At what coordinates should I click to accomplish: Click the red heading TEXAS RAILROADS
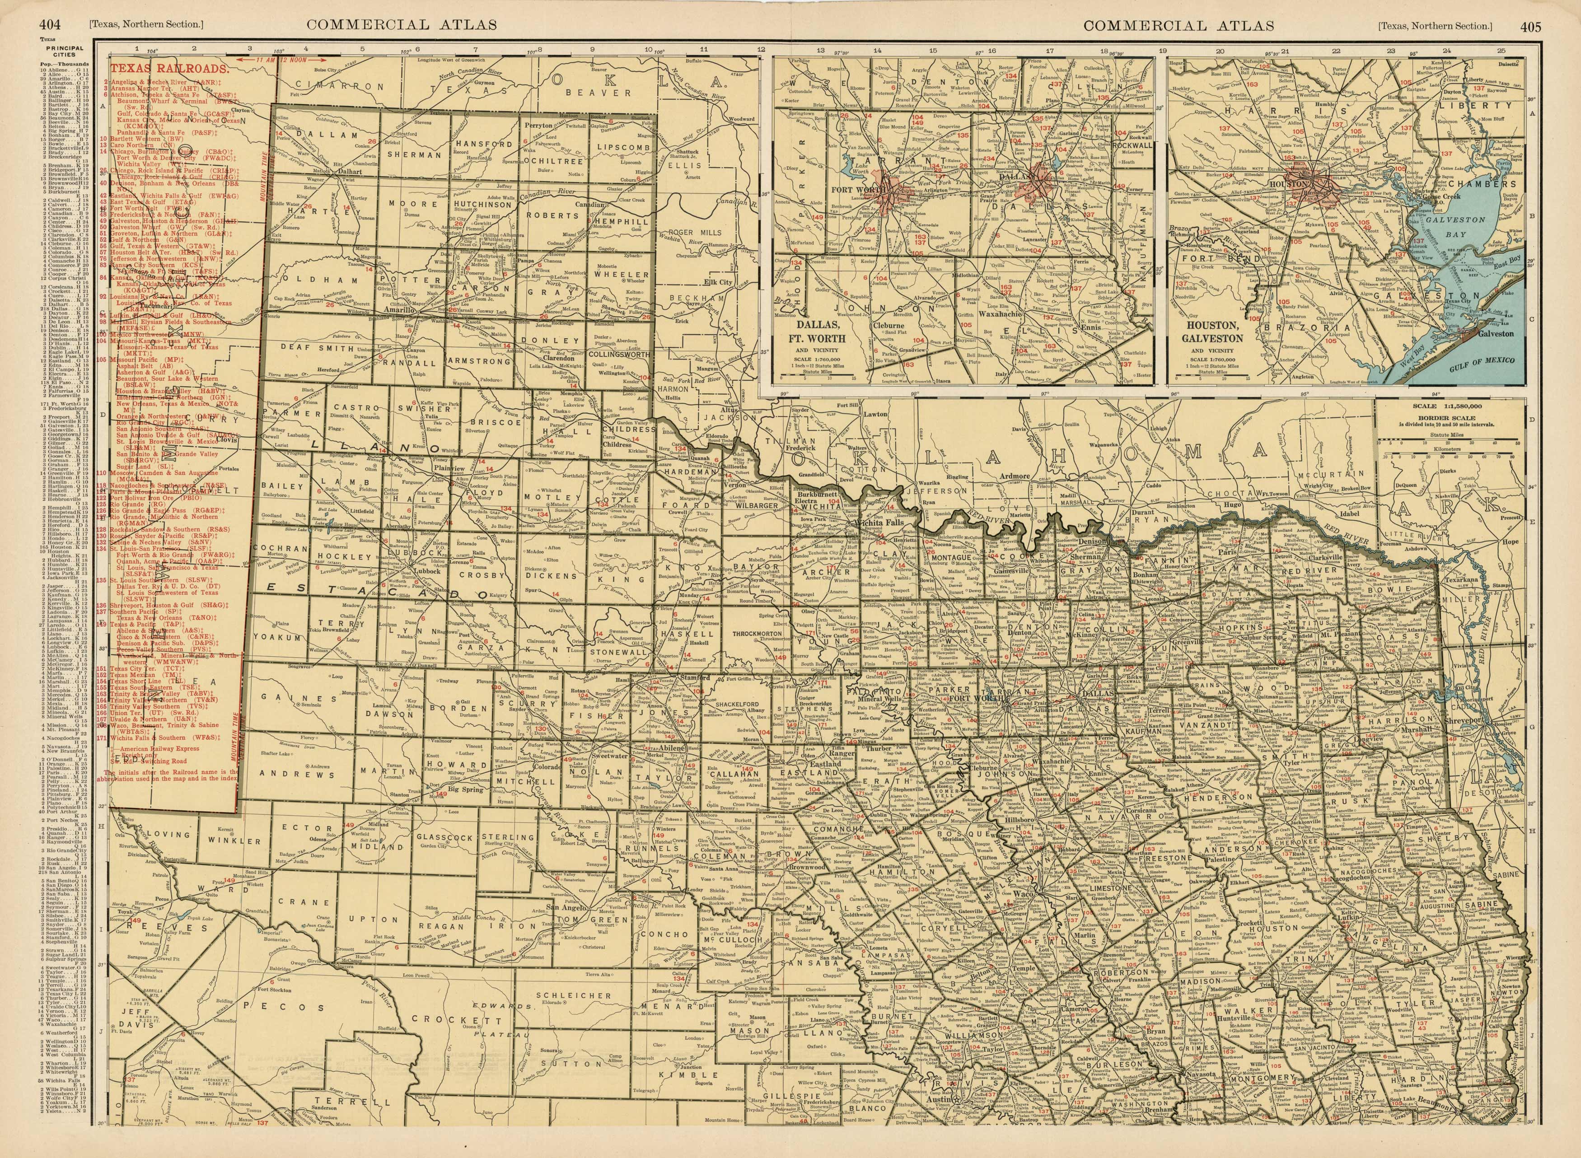click(x=170, y=70)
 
